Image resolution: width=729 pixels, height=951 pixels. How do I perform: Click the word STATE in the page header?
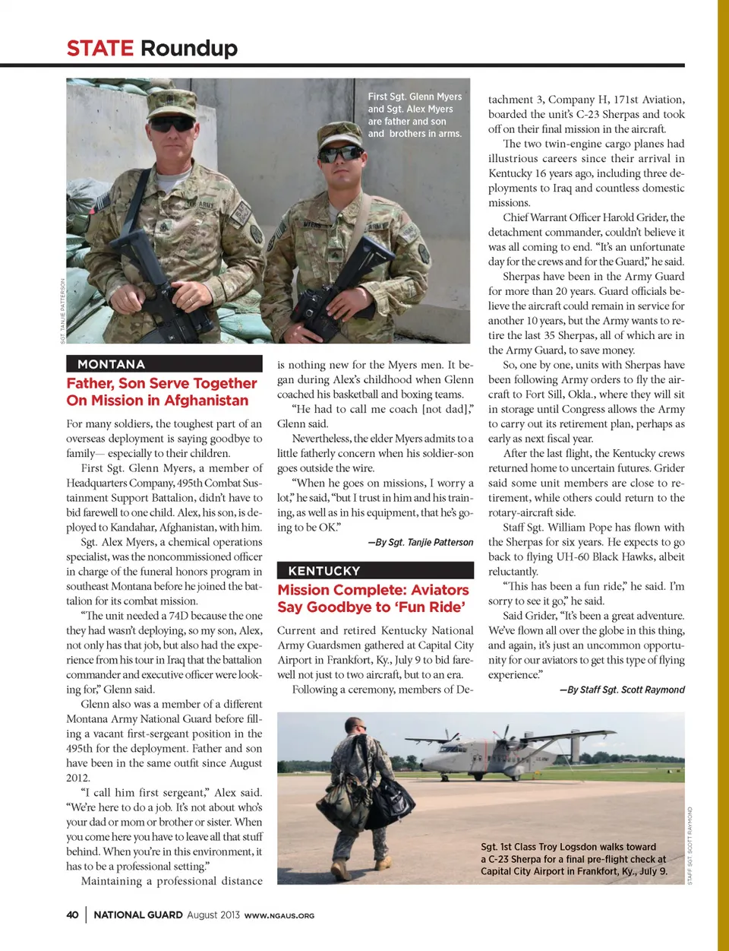pos(99,49)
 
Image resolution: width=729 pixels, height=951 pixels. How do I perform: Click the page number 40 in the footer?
pos(72,915)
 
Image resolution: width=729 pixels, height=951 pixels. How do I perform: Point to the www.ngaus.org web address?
pos(279,915)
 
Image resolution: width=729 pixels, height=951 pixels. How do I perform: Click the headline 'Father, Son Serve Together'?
pos(162,383)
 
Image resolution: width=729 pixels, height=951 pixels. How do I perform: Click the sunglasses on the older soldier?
pos(172,123)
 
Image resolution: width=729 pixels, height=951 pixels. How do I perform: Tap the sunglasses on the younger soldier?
pos(340,154)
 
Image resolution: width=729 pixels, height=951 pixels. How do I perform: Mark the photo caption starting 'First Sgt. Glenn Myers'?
pos(415,115)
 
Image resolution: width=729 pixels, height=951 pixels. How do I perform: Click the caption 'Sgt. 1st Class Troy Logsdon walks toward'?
pos(568,847)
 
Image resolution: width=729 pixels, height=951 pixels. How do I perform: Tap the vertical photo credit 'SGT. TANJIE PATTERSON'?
pos(62,311)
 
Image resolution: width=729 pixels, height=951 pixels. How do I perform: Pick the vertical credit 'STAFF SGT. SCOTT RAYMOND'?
pos(690,845)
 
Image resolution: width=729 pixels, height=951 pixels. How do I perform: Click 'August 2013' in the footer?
pos(213,915)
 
